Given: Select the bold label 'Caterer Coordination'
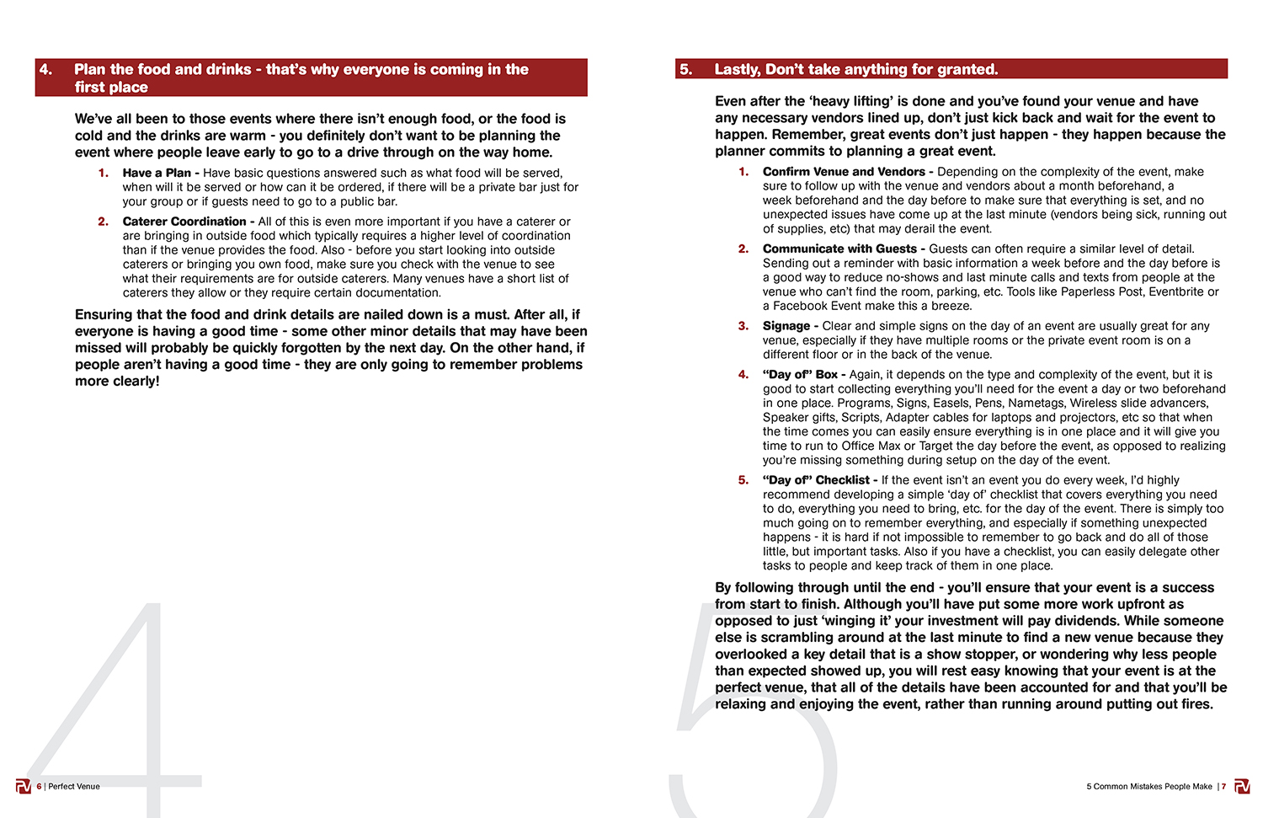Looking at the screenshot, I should pyautogui.click(x=184, y=222).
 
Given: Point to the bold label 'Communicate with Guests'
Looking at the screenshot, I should pyautogui.click(x=839, y=249).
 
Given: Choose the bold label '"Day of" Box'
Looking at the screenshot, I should pyautogui.click(x=800, y=375).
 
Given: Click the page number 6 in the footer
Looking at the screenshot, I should pyautogui.click(x=39, y=787).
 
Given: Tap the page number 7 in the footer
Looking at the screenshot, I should pyautogui.click(x=1223, y=787).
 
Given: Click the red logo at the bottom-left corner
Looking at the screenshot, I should pyautogui.click(x=23, y=787).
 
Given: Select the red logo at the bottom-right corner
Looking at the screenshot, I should pyautogui.click(x=1242, y=787).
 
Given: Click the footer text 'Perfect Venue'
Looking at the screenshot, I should pyautogui.click(x=74, y=787).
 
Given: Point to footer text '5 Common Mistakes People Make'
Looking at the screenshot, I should pyautogui.click(x=1148, y=787).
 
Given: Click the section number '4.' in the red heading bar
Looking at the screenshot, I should pyautogui.click(x=46, y=70).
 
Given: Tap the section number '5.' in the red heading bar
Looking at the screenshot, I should pyautogui.click(x=686, y=70).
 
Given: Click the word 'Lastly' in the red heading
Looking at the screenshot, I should pyautogui.click(x=738, y=70).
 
